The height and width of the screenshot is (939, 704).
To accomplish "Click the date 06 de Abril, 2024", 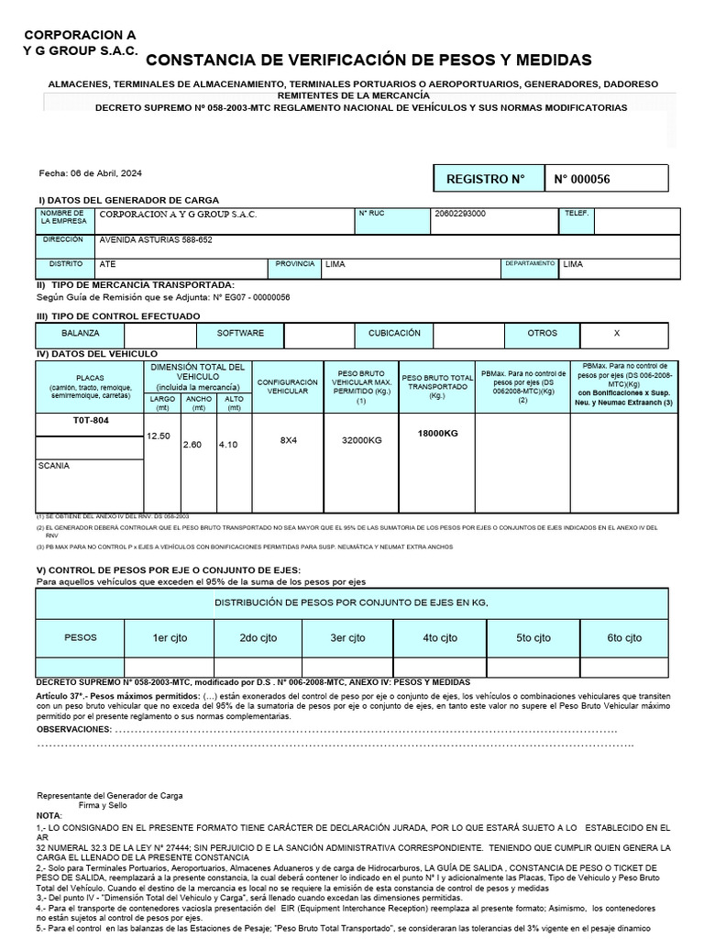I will click(90, 173).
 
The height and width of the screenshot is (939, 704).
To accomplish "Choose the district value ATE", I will click(107, 264).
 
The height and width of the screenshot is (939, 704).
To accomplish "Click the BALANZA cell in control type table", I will click(81, 334).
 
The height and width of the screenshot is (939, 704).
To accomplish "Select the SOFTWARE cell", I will click(240, 334).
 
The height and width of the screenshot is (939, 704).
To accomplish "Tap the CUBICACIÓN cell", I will click(394, 334).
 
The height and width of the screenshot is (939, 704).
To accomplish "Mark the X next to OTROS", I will click(616, 334).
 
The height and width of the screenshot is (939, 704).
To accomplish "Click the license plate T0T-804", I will click(90, 420).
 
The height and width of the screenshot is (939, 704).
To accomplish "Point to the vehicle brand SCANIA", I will click(54, 466).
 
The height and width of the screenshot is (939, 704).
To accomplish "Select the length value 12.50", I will click(159, 436).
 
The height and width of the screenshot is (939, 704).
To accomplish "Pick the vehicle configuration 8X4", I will click(289, 440).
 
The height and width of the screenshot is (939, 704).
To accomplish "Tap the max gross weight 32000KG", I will click(361, 440).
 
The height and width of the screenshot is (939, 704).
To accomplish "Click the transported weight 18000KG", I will click(437, 433).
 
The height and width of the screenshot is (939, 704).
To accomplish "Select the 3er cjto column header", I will click(348, 637).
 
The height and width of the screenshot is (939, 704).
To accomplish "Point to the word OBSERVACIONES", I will click(72, 729).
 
